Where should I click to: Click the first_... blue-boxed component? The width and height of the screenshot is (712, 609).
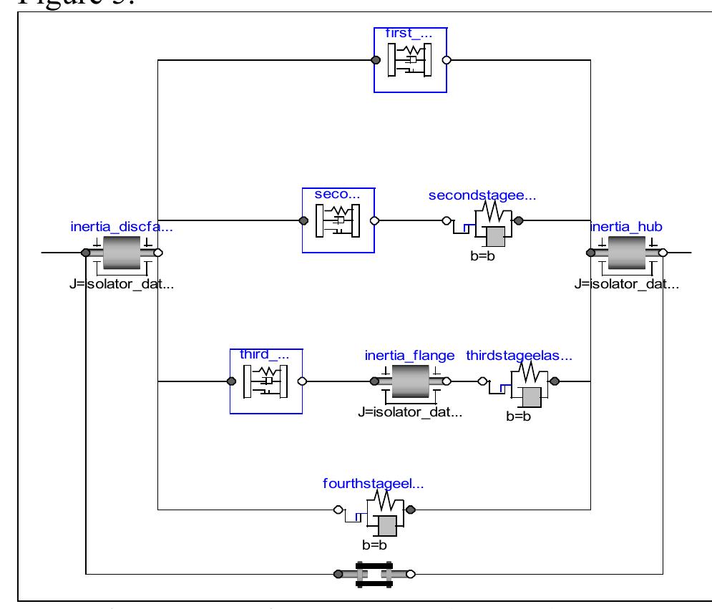410,60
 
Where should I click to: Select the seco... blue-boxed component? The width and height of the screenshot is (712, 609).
338,220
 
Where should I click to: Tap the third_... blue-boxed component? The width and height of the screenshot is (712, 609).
265,381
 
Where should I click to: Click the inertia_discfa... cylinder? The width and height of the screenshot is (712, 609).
122,253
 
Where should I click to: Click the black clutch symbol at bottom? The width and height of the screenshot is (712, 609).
374,573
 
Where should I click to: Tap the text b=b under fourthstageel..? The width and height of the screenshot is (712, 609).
374,545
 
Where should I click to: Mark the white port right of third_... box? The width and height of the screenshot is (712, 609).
302,381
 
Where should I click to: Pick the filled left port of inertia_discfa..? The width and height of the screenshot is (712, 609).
85,253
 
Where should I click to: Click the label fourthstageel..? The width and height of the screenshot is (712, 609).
373,484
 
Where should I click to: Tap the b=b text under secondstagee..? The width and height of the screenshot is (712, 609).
483,255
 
